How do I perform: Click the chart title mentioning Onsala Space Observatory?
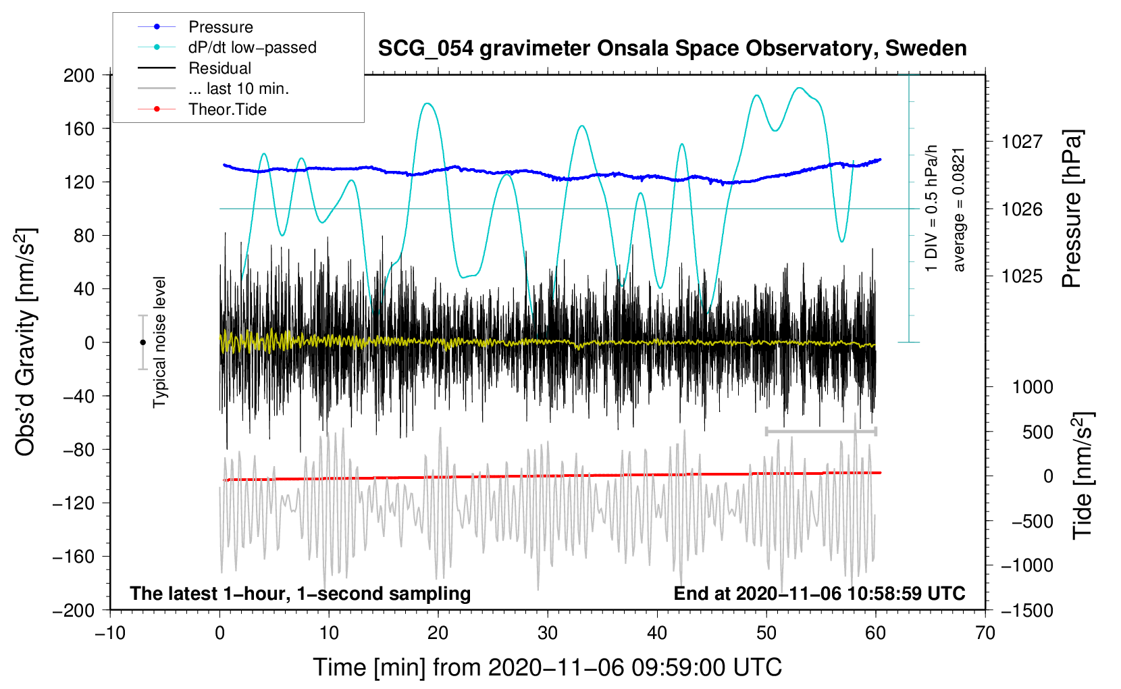672,49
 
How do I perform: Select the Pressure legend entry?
220,27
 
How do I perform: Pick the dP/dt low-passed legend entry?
252,47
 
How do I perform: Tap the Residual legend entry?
219,68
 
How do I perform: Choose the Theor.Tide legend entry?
227,109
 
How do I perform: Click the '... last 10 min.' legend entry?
238,88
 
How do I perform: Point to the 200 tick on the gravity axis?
79,75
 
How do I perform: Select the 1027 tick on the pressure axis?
1022,142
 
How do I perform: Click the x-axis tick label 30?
548,633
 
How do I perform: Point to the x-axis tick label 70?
985,633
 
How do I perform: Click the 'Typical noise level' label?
159,342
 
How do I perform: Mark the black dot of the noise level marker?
142,342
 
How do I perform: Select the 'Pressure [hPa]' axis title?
1072,209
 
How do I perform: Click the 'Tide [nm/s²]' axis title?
1083,476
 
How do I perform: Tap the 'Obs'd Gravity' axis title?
25,342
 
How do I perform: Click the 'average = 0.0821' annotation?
959,210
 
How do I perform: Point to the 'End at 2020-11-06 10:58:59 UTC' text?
819,593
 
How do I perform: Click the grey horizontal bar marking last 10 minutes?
820,431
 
